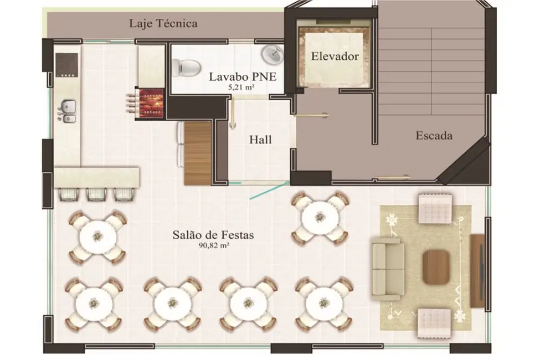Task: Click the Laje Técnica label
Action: (x=163, y=24)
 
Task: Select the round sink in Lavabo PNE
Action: (x=272, y=55)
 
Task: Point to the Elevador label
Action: (x=335, y=56)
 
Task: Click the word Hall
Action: (x=260, y=140)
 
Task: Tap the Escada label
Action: (x=434, y=136)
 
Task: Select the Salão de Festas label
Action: (x=212, y=235)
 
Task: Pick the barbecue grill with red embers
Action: (x=150, y=102)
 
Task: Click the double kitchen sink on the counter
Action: (x=68, y=109)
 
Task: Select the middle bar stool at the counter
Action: (x=96, y=193)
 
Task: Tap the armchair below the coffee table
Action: (x=435, y=323)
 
